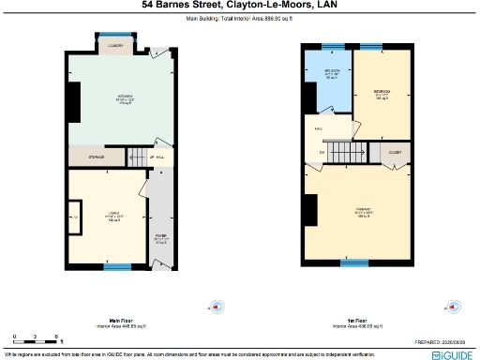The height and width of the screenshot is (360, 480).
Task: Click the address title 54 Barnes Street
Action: coord(239,5)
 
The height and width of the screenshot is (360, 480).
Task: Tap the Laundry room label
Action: coord(116,45)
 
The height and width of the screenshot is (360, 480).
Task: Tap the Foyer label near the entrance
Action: coord(160,237)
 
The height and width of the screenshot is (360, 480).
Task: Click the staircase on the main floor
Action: coord(137,157)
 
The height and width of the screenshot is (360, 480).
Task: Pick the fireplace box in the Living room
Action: coord(73,218)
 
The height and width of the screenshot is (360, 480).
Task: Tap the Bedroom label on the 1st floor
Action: coord(382,93)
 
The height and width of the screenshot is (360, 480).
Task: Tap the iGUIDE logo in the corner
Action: coord(452,354)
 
